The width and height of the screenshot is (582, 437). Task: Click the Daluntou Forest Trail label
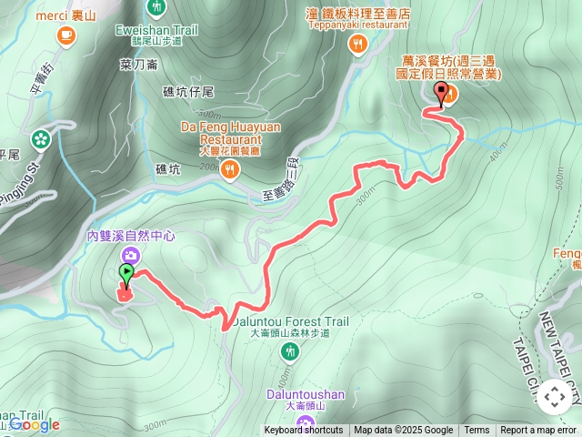[x=289, y=321]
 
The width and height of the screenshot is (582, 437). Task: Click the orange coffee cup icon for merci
[x=65, y=36]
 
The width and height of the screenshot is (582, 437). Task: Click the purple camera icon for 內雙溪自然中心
[x=132, y=254]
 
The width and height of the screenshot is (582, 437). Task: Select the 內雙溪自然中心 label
[x=131, y=235]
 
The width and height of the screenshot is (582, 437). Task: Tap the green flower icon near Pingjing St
[x=40, y=139]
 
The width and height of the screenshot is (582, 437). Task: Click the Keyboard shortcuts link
[x=304, y=431]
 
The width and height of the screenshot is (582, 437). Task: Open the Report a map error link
[x=538, y=431]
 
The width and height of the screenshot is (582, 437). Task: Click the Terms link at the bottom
[x=477, y=431]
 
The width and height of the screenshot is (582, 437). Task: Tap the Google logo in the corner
[x=35, y=424]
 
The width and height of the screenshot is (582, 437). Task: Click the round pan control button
[x=554, y=397]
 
